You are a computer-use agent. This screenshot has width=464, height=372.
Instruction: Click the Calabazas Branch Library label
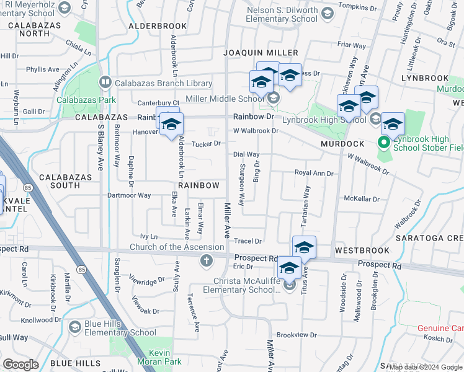click(x=163, y=83)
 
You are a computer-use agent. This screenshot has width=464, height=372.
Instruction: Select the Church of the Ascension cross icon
click(x=207, y=260)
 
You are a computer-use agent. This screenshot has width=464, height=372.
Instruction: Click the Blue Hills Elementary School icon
click(x=74, y=327)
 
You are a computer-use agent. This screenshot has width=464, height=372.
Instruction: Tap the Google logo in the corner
click(x=20, y=365)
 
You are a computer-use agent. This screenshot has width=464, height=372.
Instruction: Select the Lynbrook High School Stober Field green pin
click(x=383, y=143)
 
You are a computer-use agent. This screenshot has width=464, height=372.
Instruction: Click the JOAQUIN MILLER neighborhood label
click(x=261, y=53)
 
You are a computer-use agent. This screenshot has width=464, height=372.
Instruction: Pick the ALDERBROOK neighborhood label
click(x=157, y=27)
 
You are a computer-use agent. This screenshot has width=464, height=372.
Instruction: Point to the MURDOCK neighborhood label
click(x=342, y=144)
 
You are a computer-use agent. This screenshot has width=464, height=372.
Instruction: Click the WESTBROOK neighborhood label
click(x=362, y=250)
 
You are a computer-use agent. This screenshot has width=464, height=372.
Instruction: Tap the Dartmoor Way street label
click(x=129, y=195)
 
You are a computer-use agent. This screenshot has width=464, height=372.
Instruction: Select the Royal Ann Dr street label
click(x=313, y=174)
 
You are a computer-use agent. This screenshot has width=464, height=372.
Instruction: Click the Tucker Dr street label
click(x=206, y=144)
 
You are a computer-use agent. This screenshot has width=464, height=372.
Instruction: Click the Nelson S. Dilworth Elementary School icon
click(x=326, y=12)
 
